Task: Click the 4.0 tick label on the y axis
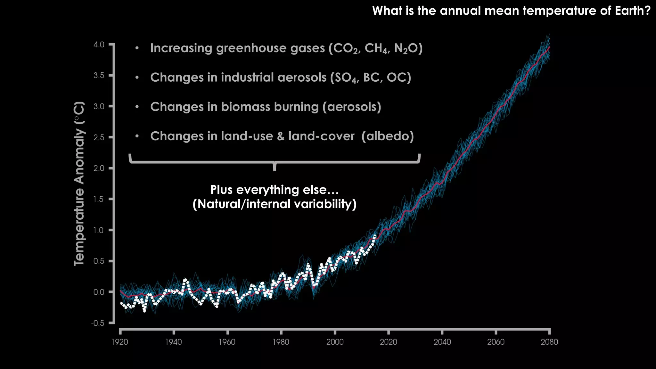tap(99, 45)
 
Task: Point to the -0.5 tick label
tap(98, 323)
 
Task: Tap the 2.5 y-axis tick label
tap(99, 138)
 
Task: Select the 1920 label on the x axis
tap(119, 342)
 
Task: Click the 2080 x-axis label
tap(549, 342)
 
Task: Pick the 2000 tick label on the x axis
tap(335, 342)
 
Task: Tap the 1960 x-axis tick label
tap(227, 342)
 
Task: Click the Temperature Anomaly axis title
tap(79, 184)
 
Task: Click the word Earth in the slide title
tap(629, 11)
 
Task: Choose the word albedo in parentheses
tap(388, 136)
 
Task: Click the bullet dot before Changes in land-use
tap(137, 136)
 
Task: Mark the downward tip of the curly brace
tap(275, 169)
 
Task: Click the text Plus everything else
tap(274, 190)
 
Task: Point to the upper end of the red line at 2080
tap(549, 47)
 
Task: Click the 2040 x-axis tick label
tap(442, 342)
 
